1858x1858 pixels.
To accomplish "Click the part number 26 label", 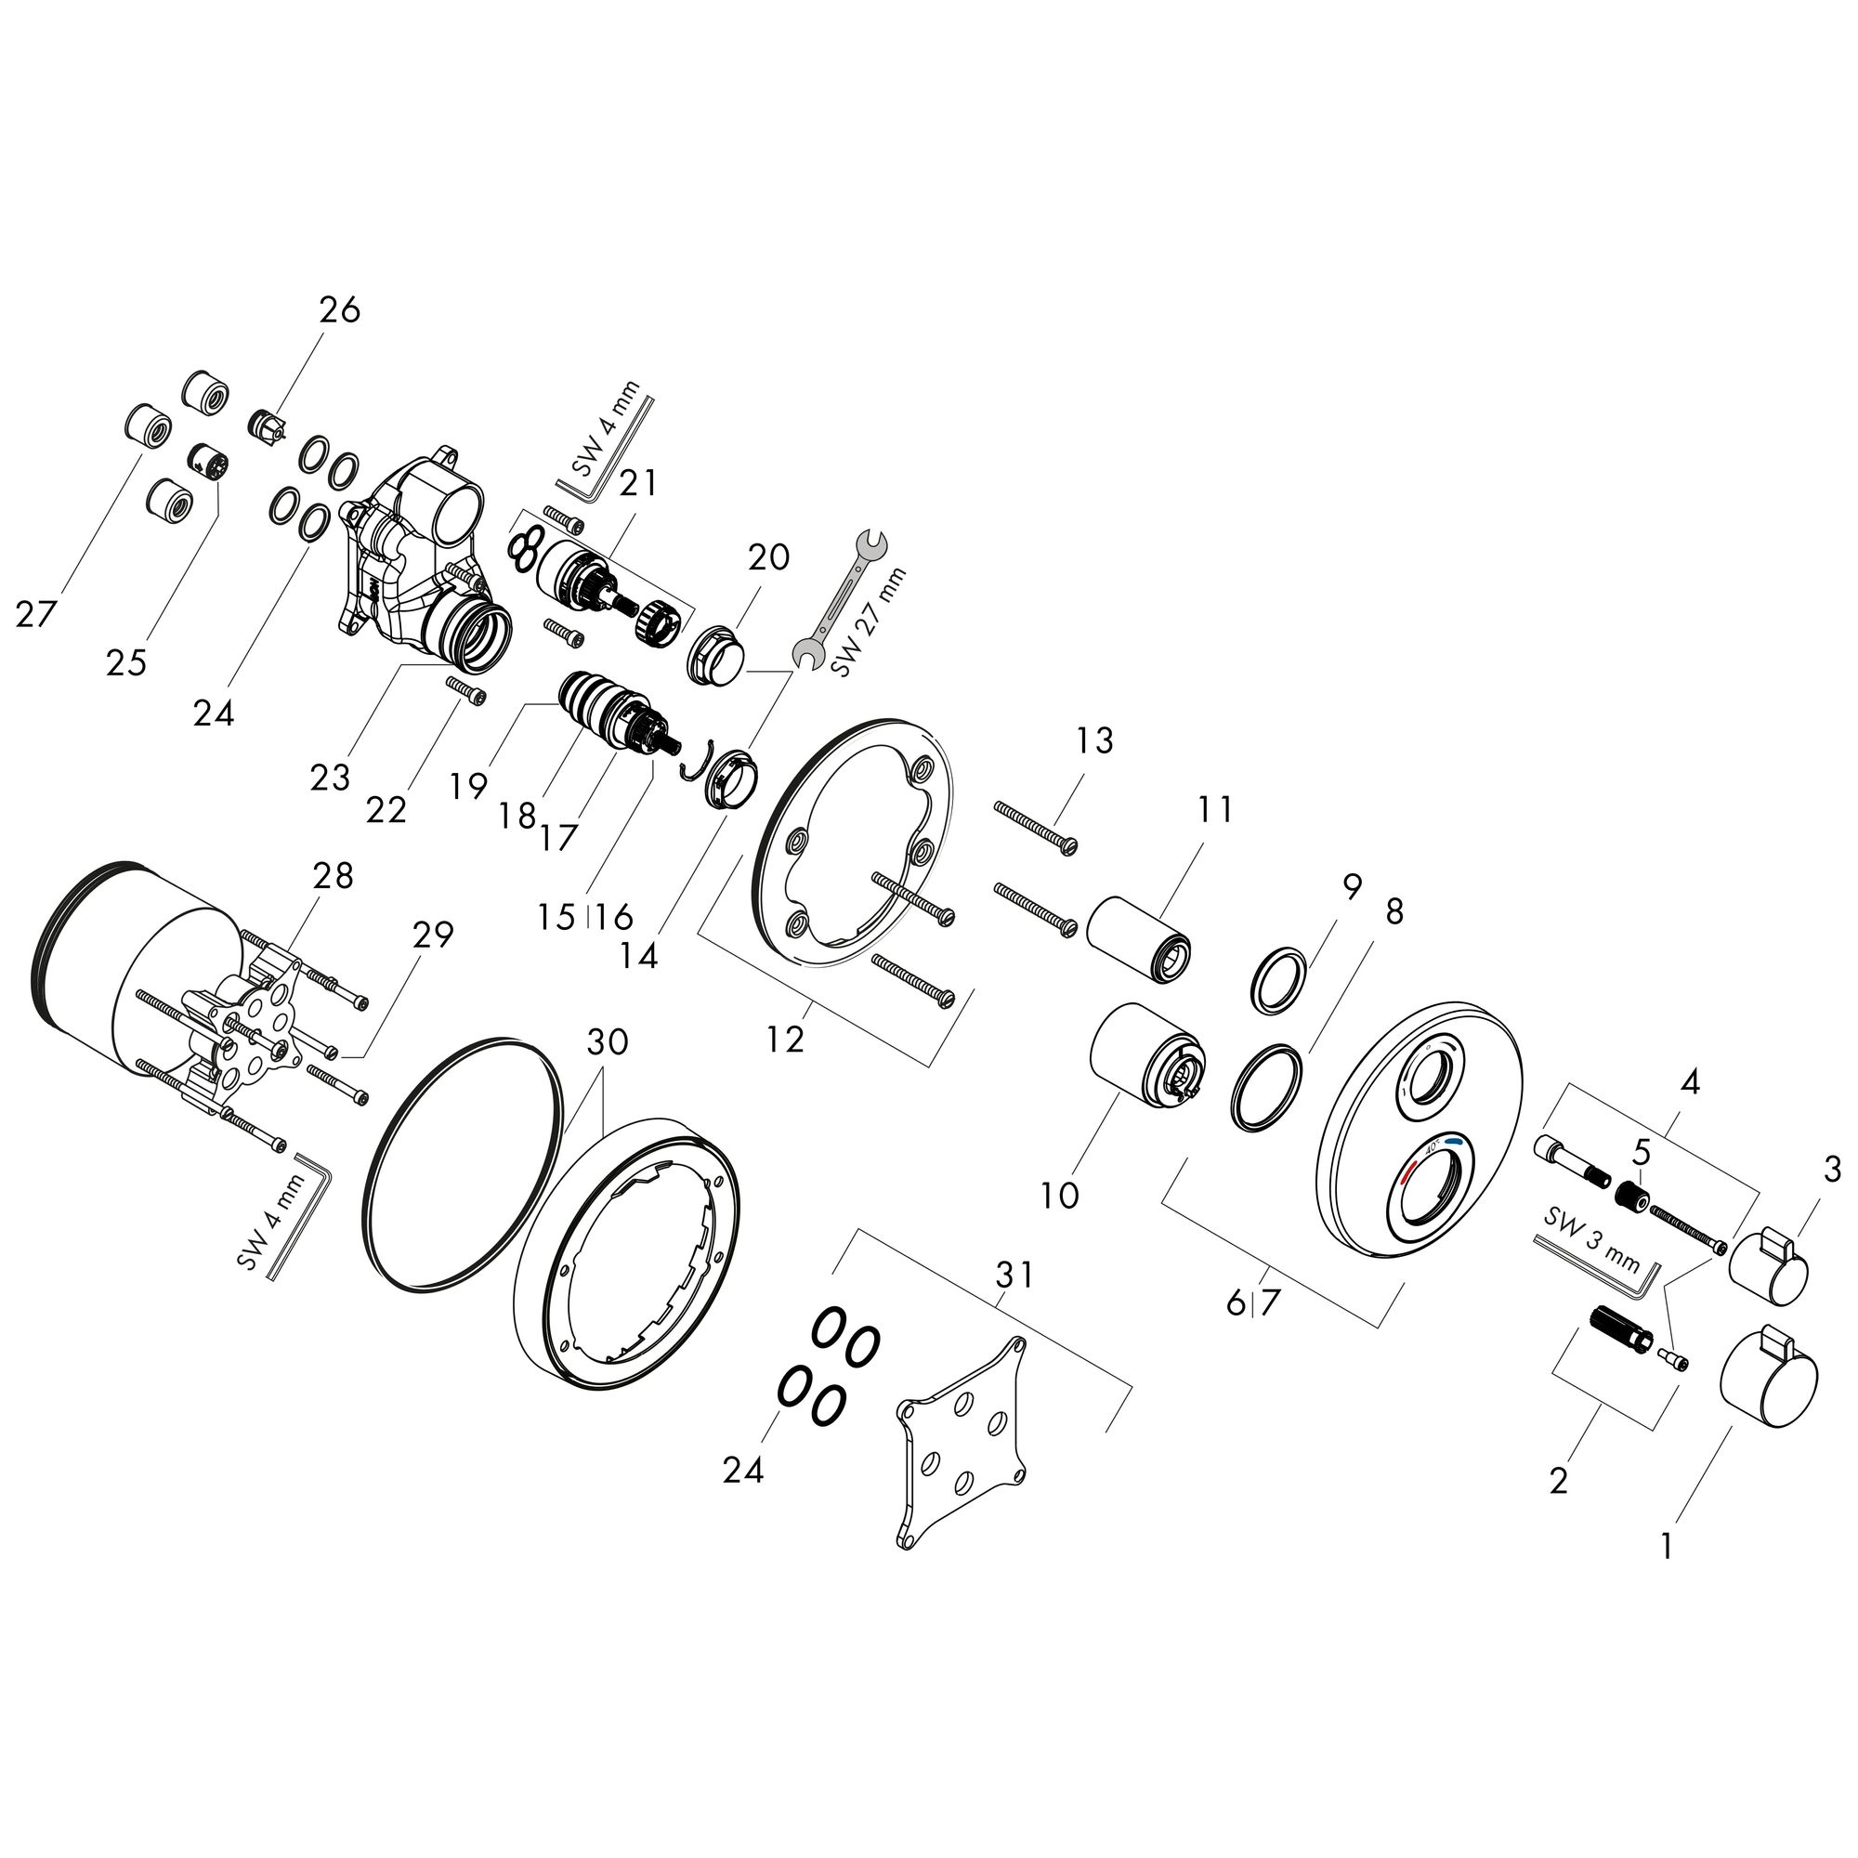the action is pyautogui.click(x=339, y=309).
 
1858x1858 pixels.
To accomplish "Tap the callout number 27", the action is pyautogui.click(x=35, y=613).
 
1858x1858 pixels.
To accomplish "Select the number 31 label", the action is pyautogui.click(x=1014, y=1275).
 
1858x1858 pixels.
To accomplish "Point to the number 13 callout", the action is pyautogui.click(x=1094, y=740).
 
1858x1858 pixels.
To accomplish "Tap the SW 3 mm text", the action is pyautogui.click(x=1591, y=1240).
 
